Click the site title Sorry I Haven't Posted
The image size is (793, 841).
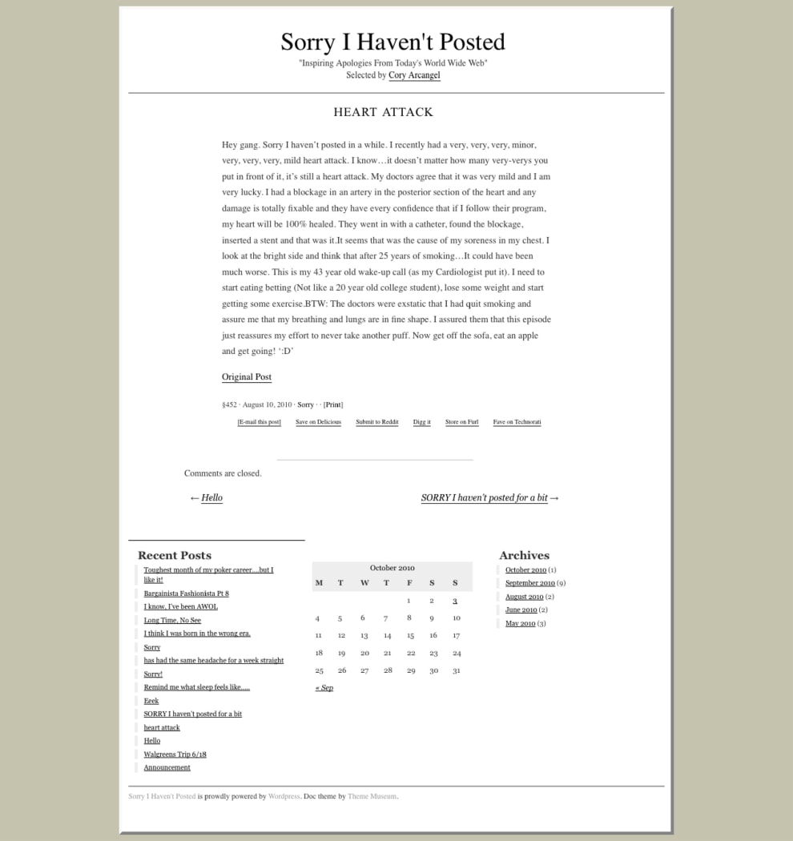tap(392, 42)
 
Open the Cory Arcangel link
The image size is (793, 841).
tap(414, 75)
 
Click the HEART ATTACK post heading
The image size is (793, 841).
tap(383, 112)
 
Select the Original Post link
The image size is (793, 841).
tap(247, 377)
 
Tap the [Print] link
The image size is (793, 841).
tap(333, 405)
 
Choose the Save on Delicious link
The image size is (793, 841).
tap(318, 422)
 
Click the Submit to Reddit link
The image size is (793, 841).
tap(376, 422)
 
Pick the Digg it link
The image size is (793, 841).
tap(421, 422)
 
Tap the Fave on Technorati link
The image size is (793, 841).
tap(517, 422)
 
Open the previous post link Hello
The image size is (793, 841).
tap(211, 498)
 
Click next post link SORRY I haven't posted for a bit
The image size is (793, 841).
tap(484, 498)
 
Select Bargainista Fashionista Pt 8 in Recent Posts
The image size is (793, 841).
tap(186, 594)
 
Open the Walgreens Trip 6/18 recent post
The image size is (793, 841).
tap(175, 754)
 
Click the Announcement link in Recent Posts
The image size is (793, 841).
tap(167, 767)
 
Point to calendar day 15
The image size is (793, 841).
tap(410, 636)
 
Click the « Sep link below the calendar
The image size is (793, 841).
tap(324, 688)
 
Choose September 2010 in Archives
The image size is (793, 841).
tap(529, 583)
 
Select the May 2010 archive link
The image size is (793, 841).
tap(520, 623)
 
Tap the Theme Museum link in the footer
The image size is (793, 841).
tap(372, 796)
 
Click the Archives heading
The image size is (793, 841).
tap(524, 555)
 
